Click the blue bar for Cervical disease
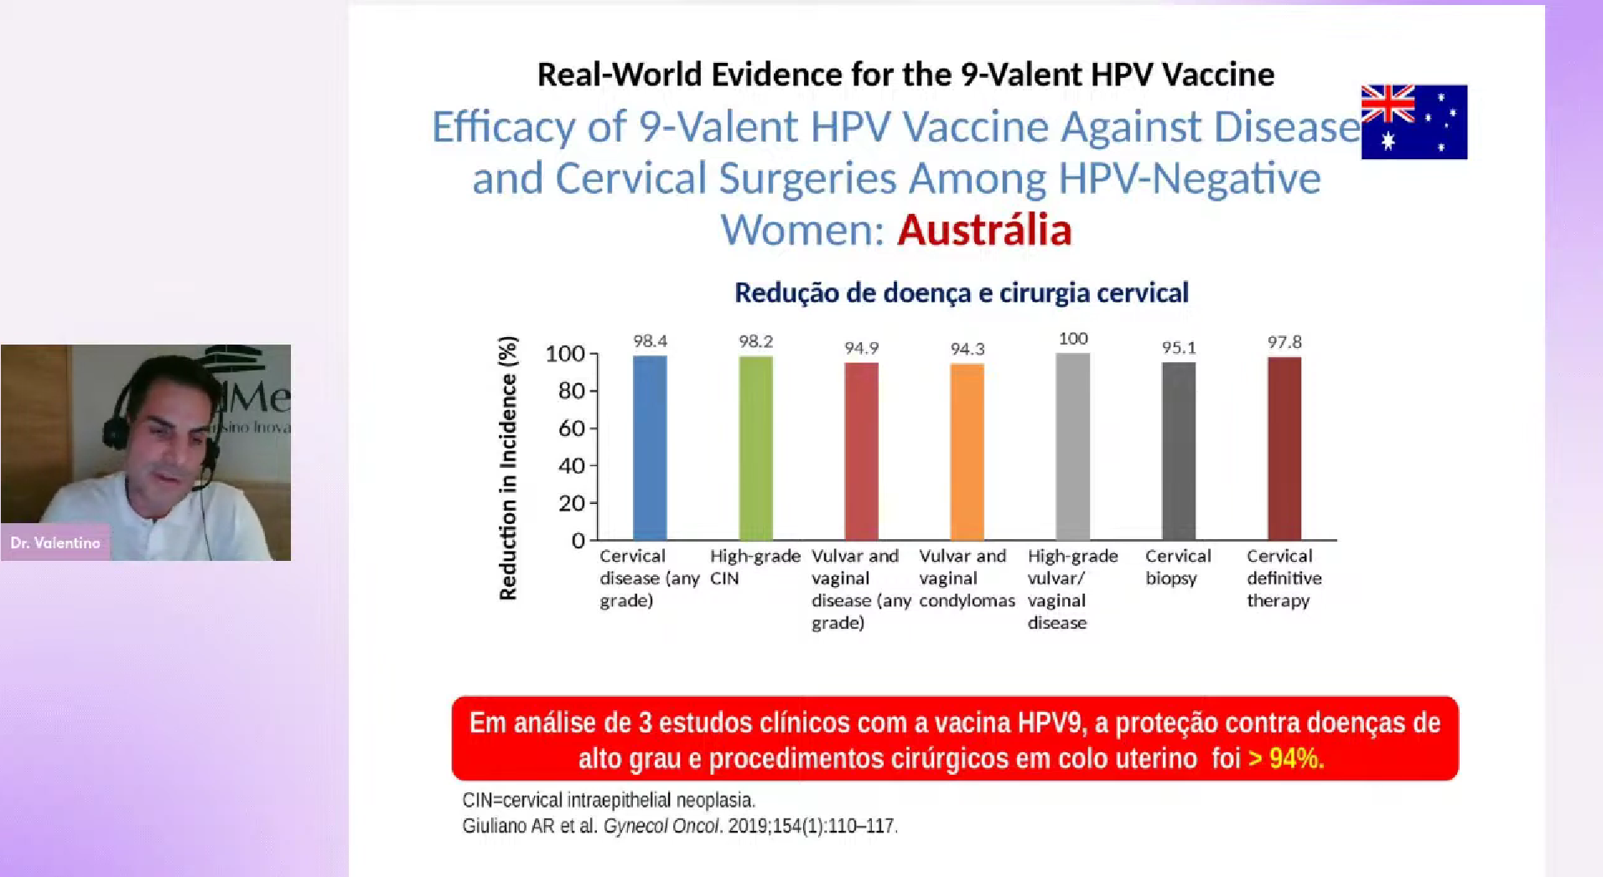click(x=650, y=448)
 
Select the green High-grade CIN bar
click(x=755, y=448)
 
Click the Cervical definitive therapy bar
click(x=1284, y=448)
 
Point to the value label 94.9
click(x=861, y=348)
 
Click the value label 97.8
click(x=1284, y=342)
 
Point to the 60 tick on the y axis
click(x=572, y=428)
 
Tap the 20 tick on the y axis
click(x=572, y=503)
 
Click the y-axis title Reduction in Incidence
click(x=508, y=468)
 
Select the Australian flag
click(x=1414, y=122)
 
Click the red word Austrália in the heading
click(x=984, y=230)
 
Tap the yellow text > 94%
click(x=1285, y=758)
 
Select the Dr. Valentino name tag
click(x=55, y=542)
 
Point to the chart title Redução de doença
click(x=961, y=293)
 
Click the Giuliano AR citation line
click(x=679, y=826)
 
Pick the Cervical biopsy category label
click(x=1177, y=567)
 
